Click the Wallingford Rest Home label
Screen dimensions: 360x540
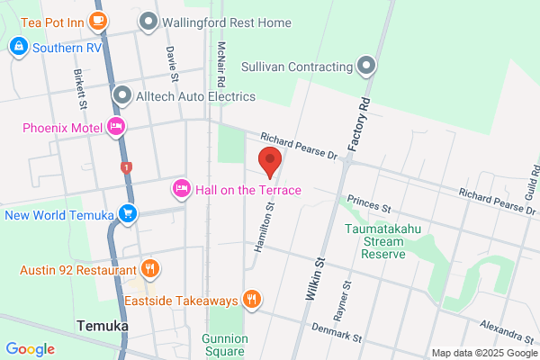click(x=225, y=21)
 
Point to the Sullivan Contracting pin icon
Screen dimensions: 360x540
click(x=365, y=67)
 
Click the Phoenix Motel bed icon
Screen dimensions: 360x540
click(x=115, y=127)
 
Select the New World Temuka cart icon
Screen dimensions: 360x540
click(x=129, y=214)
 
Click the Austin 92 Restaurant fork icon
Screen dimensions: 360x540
click(x=150, y=268)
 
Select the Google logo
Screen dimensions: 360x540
click(x=30, y=349)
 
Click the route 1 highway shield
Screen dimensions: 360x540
click(x=126, y=167)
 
